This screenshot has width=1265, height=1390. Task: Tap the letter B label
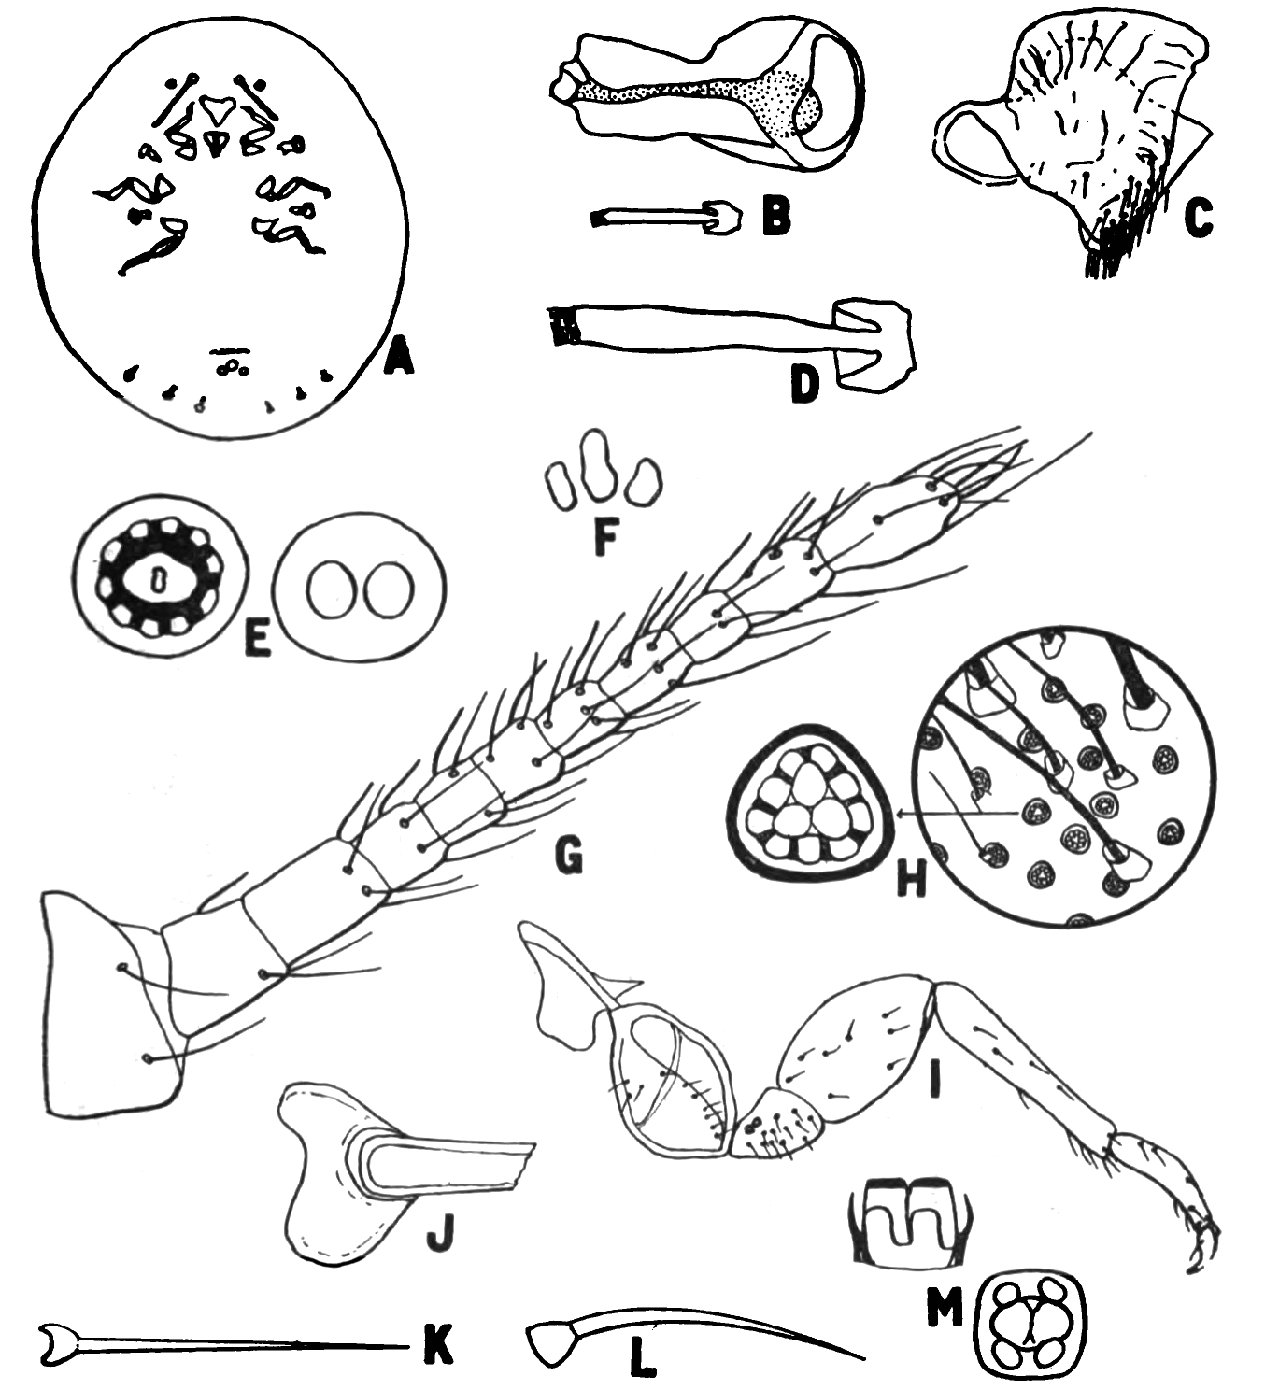pos(776,216)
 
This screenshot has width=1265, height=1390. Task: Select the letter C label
pos(1198,219)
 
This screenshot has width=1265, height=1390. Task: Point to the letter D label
pos(805,386)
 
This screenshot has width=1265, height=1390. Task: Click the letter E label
pos(258,639)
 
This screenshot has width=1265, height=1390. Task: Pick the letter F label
pos(605,539)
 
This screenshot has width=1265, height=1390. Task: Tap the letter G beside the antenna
pos(568,858)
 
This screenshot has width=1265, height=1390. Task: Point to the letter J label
pos(441,1236)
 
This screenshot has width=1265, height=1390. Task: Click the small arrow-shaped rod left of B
pos(667,219)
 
